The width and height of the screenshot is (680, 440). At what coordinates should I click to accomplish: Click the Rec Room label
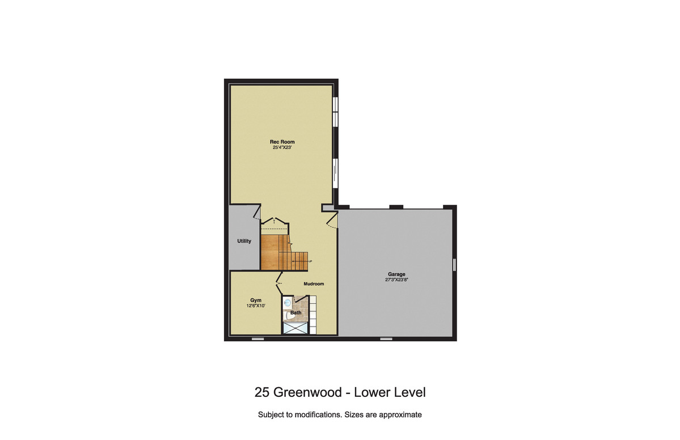point(282,142)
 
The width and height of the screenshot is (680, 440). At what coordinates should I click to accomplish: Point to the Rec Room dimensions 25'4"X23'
point(282,147)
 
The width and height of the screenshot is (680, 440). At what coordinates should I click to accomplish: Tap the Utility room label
point(244,241)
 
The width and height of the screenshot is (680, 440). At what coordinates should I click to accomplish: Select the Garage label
point(396,274)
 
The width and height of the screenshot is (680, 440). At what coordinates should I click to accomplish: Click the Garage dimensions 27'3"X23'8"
point(396,280)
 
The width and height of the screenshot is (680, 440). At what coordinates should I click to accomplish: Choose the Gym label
point(256,300)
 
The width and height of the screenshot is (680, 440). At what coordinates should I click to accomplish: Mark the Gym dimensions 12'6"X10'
point(256,306)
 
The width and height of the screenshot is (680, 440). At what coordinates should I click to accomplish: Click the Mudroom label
point(314,284)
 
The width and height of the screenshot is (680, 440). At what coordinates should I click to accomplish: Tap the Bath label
point(296,312)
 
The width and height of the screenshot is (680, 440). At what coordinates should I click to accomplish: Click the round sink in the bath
point(287,303)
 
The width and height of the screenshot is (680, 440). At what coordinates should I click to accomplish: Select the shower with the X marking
point(295,328)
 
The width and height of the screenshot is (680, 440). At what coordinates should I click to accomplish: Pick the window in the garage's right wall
point(454,264)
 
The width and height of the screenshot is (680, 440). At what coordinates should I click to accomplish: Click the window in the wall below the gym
point(257,339)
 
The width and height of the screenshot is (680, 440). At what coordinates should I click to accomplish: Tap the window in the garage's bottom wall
point(386,339)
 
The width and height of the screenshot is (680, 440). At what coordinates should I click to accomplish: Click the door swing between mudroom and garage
point(332,220)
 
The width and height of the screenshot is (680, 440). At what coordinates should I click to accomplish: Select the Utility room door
point(257,213)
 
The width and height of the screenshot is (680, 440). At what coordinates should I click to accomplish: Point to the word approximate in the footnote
point(400,415)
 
